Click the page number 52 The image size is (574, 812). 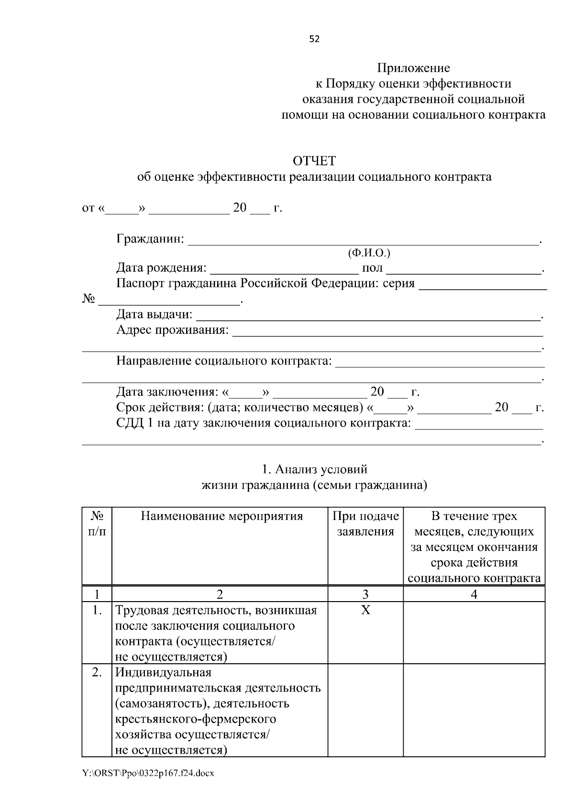pyautogui.click(x=314, y=39)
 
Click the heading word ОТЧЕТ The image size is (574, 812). pyautogui.click(x=314, y=161)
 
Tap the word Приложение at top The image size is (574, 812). pyautogui.click(x=413, y=68)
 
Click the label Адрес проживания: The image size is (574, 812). pyautogui.click(x=172, y=330)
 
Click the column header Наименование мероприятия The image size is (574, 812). pyautogui.click(x=221, y=516)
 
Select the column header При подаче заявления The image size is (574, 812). pyautogui.click(x=365, y=524)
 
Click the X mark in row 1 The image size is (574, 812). pyautogui.click(x=365, y=610)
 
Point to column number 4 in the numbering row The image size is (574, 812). pyautogui.click(x=474, y=594)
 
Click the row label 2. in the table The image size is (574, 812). pyautogui.click(x=97, y=672)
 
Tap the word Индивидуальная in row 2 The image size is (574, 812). pyautogui.click(x=164, y=672)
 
